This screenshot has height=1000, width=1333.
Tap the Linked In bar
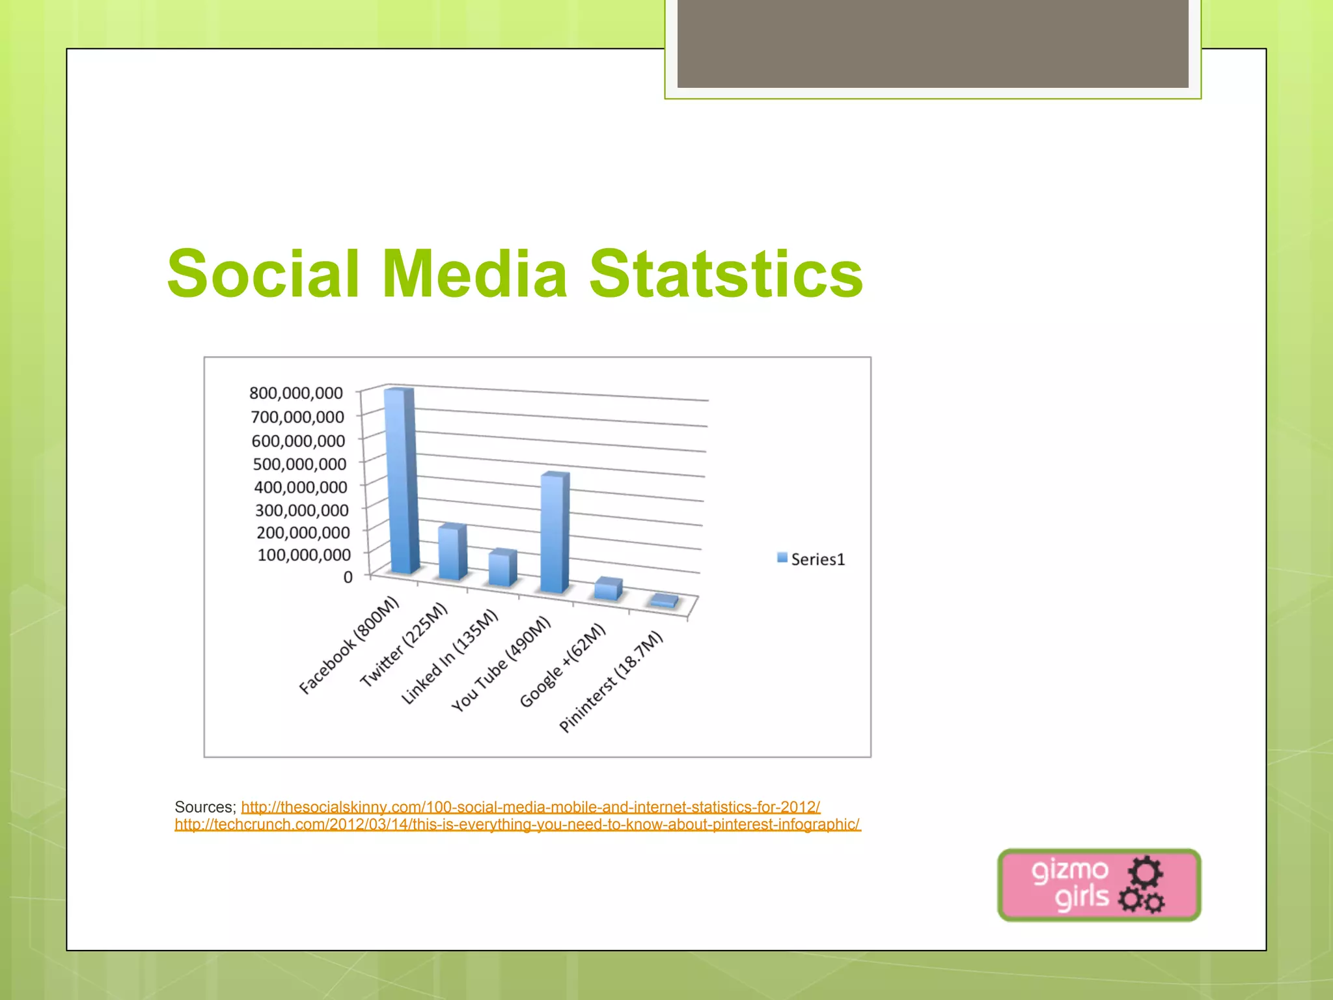click(x=502, y=568)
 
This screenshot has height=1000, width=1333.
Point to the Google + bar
click(x=608, y=589)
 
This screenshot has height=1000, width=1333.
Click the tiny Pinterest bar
click(x=665, y=601)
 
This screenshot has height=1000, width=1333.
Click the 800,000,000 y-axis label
click(x=296, y=393)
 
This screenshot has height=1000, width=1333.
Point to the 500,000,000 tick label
click(x=299, y=464)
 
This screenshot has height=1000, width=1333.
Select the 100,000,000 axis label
click(x=304, y=555)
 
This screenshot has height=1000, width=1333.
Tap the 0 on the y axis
click(x=348, y=577)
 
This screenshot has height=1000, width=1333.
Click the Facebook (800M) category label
click(x=348, y=645)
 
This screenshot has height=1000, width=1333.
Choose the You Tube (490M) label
click(x=501, y=664)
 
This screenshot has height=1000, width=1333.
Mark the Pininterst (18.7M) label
click(x=611, y=682)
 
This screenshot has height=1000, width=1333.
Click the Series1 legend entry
click(x=811, y=559)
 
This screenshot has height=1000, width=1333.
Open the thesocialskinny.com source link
click(x=530, y=807)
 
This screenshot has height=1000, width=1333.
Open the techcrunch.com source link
click(x=517, y=825)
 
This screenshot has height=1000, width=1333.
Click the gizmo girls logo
click(x=1099, y=885)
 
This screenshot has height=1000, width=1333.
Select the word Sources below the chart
click(x=204, y=807)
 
